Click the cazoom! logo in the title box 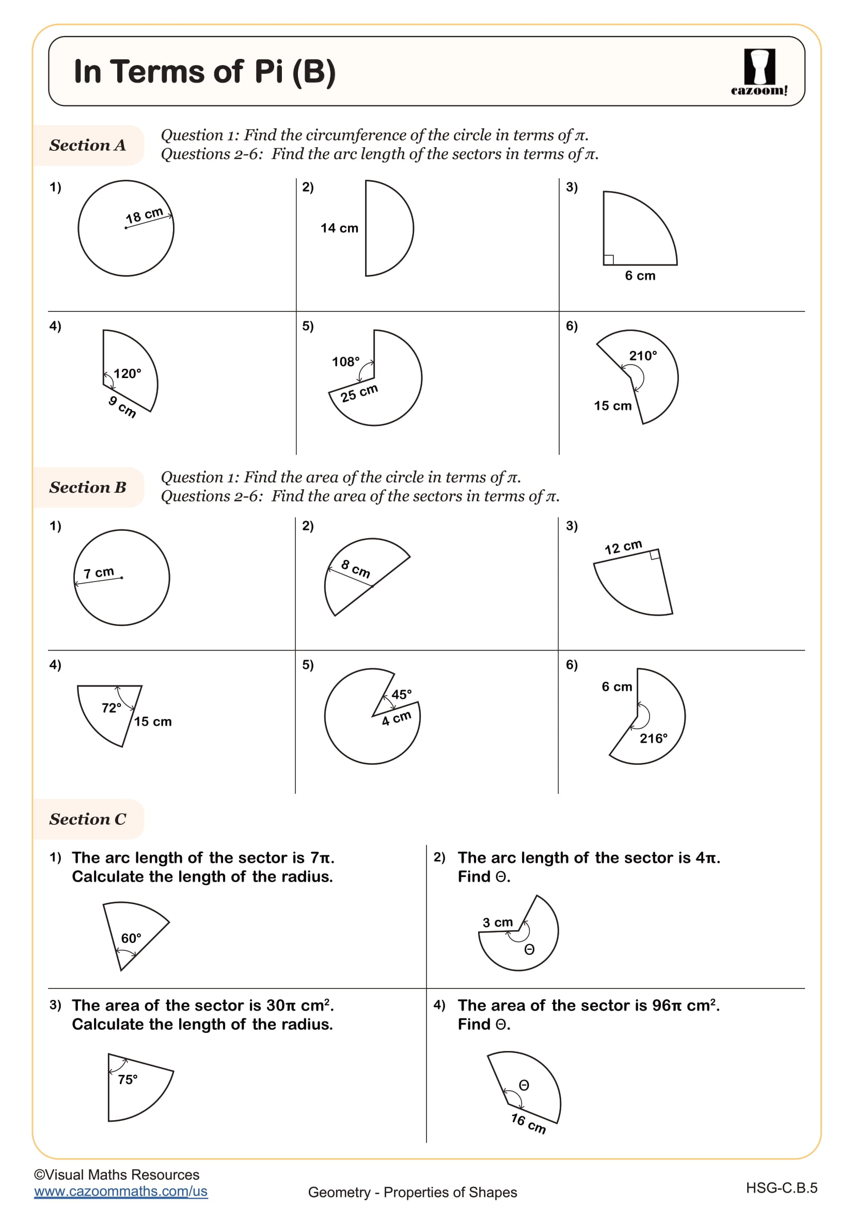coord(759,72)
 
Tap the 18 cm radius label coord(144,215)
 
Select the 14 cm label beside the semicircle coord(339,228)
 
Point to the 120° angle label coord(127,373)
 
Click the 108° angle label coord(345,362)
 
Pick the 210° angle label coord(643,356)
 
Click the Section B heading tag coord(88,487)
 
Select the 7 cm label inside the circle coord(98,572)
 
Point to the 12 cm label coord(623,547)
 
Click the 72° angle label coord(112,708)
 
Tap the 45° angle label coord(401,695)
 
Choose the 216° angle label coord(653,739)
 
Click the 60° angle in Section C coord(131,938)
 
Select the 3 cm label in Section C coord(497,923)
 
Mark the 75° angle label coord(128,1079)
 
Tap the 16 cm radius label coord(529,1124)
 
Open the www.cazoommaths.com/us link coord(121,1191)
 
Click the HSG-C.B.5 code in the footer coord(781,1188)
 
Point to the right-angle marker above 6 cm coord(608,259)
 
